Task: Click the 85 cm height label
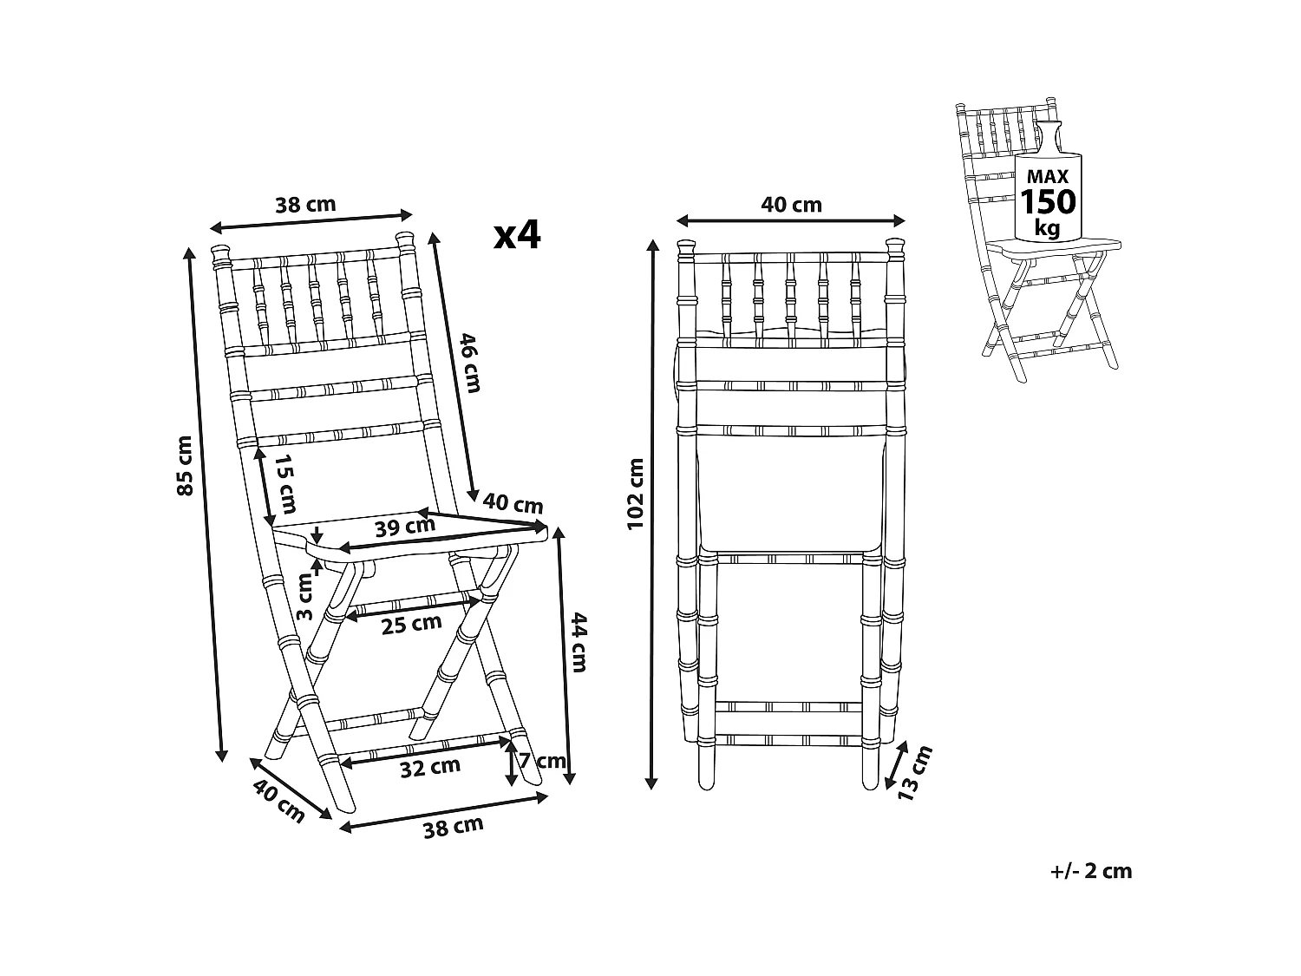pos(186,466)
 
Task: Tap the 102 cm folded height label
pos(635,494)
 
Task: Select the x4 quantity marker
pos(518,235)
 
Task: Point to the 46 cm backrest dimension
pos(471,363)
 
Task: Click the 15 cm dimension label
pos(286,483)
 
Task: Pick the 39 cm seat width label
pos(405,527)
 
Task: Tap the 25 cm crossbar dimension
pos(411,624)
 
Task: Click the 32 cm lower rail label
pos(430,767)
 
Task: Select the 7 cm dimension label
pos(542,760)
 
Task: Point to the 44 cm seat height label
pos(579,642)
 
